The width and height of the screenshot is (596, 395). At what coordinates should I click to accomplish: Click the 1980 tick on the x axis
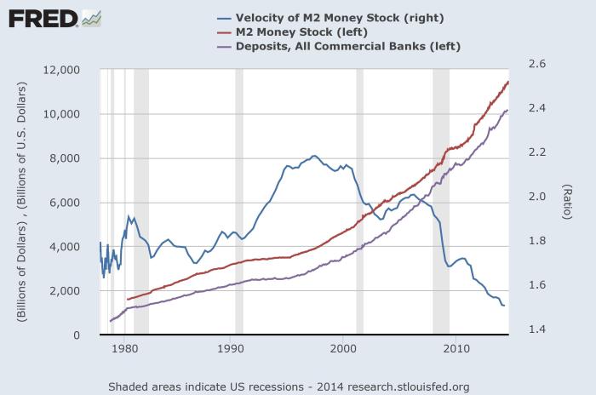pyautogui.click(x=124, y=348)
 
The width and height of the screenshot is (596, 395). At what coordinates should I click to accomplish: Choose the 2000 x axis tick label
pyautogui.click(x=343, y=348)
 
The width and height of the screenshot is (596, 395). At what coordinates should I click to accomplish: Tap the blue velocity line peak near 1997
pyautogui.click(x=314, y=156)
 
